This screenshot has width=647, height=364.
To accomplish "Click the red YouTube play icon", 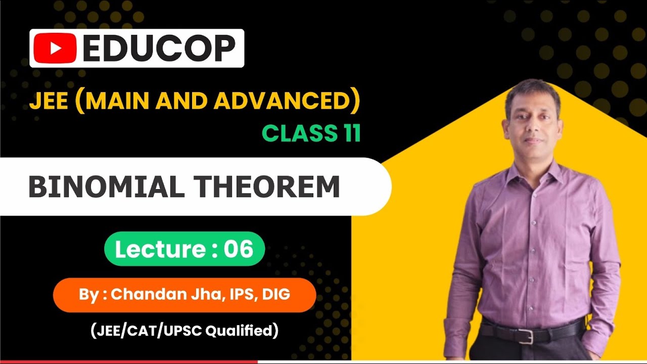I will click(55, 49).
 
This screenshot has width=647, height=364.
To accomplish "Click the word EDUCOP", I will click(159, 49).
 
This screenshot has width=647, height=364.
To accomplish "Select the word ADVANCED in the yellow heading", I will click(281, 101).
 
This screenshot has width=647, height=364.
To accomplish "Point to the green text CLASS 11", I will click(311, 133).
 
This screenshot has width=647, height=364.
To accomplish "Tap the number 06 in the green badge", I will click(237, 249).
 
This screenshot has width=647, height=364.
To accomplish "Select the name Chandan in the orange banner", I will click(143, 294).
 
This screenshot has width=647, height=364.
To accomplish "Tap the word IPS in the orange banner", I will click(242, 294).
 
